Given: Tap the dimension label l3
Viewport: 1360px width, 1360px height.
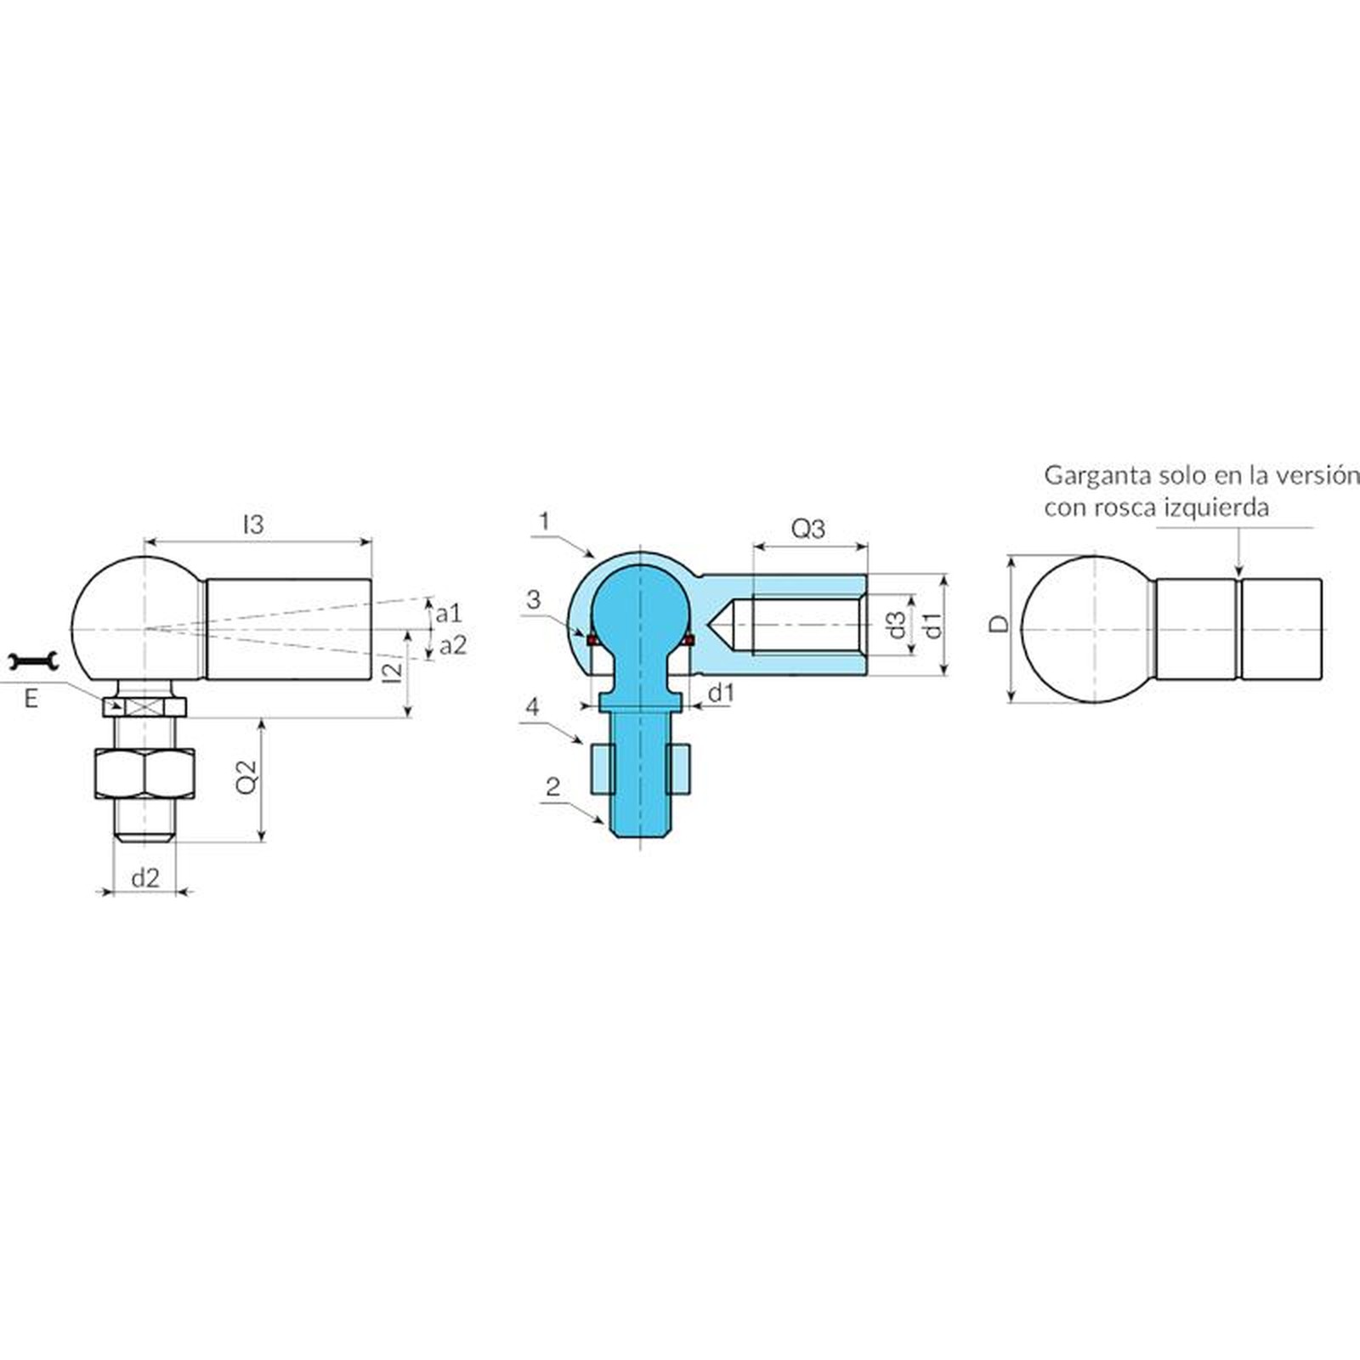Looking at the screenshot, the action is [x=253, y=524].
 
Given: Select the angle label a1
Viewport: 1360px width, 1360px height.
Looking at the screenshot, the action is [x=449, y=613].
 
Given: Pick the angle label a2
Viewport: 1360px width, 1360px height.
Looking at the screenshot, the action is [x=452, y=645].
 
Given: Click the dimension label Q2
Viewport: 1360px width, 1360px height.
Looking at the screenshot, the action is [x=246, y=776].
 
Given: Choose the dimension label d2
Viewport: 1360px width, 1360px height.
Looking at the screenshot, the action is [x=145, y=877].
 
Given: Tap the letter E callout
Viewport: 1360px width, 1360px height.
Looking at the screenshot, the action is [x=31, y=700].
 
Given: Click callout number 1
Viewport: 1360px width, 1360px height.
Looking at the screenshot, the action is [x=545, y=520].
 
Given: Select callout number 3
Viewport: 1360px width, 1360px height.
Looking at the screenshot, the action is [x=533, y=599].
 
